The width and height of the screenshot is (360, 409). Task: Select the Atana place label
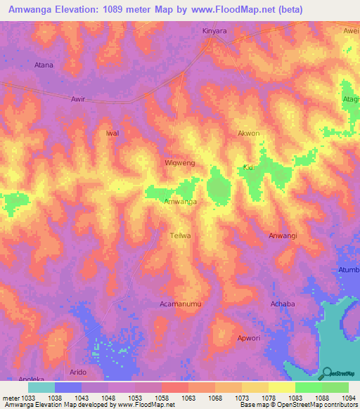[x=44, y=65]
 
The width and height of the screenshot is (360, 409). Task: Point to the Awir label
[x=78, y=99]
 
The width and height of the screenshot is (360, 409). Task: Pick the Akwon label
[x=249, y=133]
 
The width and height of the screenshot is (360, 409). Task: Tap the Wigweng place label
[x=179, y=162]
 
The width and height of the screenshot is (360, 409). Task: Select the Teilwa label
[x=181, y=236]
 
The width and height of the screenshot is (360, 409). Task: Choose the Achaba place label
[x=283, y=304]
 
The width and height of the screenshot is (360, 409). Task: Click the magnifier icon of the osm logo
[x=326, y=373]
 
